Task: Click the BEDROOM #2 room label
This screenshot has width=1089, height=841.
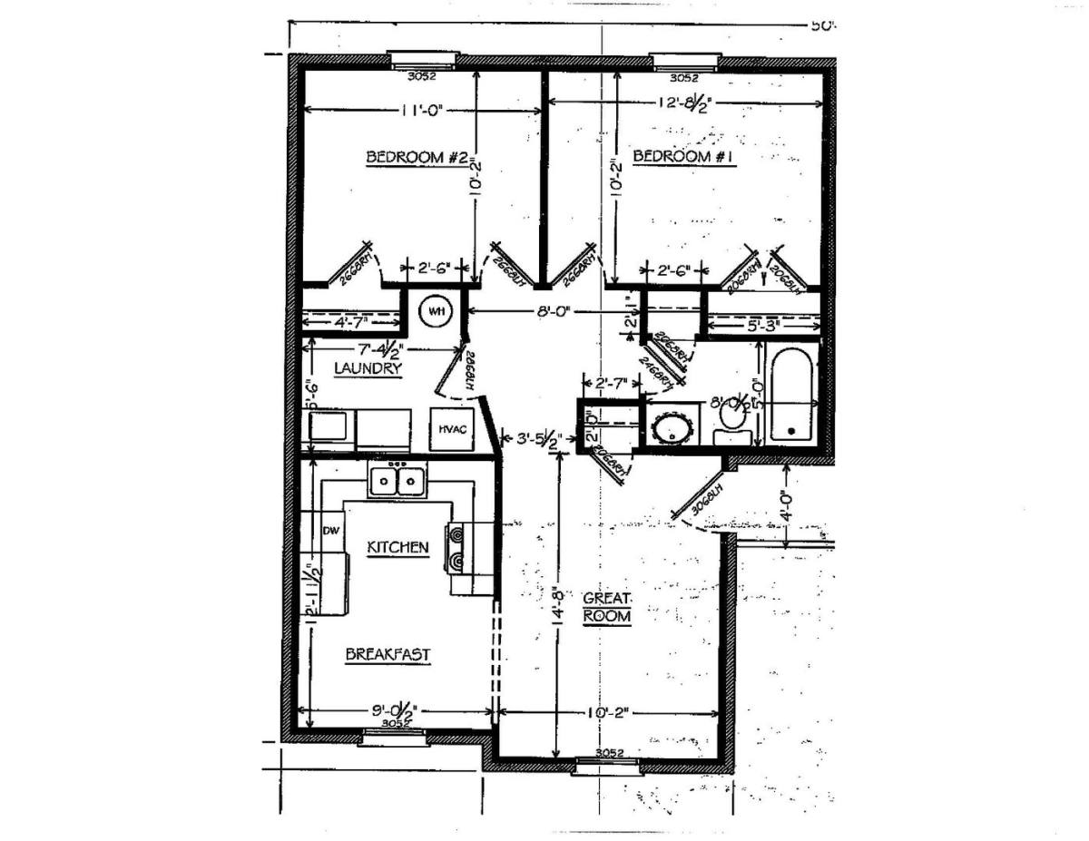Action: pos(417,158)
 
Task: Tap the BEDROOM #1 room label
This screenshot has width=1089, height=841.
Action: pos(682,157)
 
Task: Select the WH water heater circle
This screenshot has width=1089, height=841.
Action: pos(436,312)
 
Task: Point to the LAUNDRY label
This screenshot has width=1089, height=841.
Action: pos(368,369)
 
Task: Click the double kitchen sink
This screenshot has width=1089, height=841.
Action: pos(397,479)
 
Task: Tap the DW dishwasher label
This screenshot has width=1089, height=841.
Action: pos(329,532)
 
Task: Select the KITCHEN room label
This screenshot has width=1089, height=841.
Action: pos(397,548)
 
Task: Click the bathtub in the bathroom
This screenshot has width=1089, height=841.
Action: pos(791,395)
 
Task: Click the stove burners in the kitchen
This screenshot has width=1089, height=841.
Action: pos(456,548)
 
